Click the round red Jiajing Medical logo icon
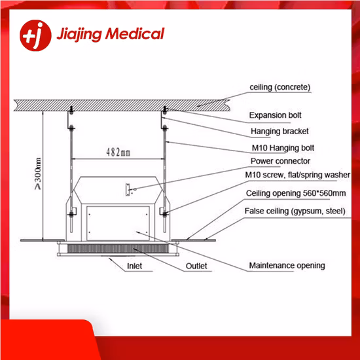[35, 35]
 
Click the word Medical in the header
[135, 34]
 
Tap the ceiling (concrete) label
[280, 87]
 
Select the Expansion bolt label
[275, 115]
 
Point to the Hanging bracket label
[279, 132]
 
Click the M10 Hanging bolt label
[283, 148]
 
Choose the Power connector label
[280, 161]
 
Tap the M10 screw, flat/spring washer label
[298, 175]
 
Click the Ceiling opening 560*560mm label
[296, 193]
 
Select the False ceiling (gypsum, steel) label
[295, 211]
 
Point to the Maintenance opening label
[287, 266]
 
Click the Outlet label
[196, 266]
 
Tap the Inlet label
[135, 266]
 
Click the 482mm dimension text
[118, 153]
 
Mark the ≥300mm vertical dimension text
[38, 173]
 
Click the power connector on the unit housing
[128, 190]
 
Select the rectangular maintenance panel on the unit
[118, 223]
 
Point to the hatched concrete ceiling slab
[122, 105]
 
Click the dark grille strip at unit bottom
[118, 249]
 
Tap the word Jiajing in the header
[79, 35]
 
